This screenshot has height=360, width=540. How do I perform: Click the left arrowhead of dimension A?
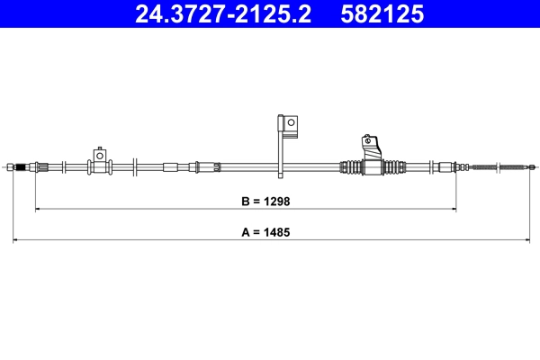pyautogui.click(x=15, y=240)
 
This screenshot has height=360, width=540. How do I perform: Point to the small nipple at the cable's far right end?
pyautogui.click(x=532, y=166)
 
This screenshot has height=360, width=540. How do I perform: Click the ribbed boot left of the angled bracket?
pyautogui.click(x=349, y=166)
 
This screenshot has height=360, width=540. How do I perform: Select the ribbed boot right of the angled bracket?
pyautogui.click(x=393, y=166)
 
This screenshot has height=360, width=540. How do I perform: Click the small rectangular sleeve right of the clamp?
pyautogui.click(x=170, y=166)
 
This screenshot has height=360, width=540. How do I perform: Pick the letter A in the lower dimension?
pyautogui.click(x=247, y=231)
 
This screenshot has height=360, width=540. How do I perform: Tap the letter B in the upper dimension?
pyautogui.click(x=247, y=202)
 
